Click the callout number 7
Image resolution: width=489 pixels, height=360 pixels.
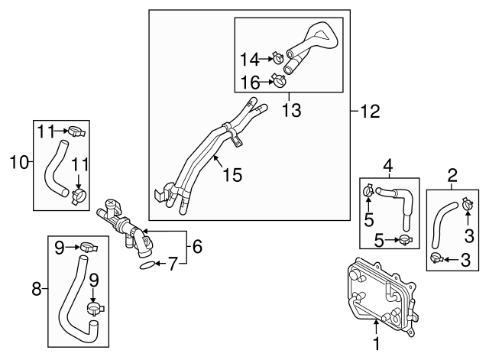click(x=172, y=265)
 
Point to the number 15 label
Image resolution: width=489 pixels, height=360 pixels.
click(x=232, y=176)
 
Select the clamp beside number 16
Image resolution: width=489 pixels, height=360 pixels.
click(x=280, y=79)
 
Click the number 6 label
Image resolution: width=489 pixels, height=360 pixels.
click(x=196, y=246)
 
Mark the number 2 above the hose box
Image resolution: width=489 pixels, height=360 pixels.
click(x=452, y=176)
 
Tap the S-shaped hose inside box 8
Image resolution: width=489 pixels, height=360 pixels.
click(x=76, y=298)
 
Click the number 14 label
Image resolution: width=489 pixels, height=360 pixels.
click(x=248, y=57)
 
